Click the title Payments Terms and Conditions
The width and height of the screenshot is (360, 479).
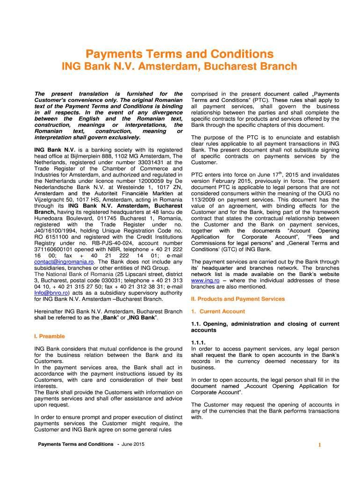click(180, 54)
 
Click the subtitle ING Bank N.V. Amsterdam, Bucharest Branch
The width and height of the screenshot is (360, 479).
click(180, 66)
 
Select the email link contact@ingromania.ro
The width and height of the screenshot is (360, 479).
click(60, 262)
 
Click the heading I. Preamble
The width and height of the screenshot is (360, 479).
click(50, 336)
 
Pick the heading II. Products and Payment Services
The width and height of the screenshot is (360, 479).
click(238, 299)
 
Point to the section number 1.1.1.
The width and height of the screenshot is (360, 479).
click(199, 342)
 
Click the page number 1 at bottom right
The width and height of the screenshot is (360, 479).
click(320, 445)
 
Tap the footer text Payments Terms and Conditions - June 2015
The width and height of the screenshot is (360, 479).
click(91, 444)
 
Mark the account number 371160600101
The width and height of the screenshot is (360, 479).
click(56, 250)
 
